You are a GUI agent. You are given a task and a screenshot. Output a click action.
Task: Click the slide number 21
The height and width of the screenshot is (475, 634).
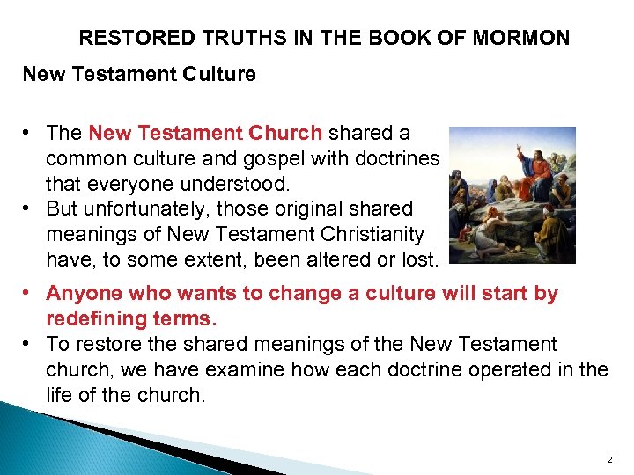point(613,459)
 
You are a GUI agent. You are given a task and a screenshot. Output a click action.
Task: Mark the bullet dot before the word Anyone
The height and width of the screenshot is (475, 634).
point(29,293)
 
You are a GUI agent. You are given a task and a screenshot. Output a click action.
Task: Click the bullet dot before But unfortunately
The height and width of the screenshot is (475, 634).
point(29,208)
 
